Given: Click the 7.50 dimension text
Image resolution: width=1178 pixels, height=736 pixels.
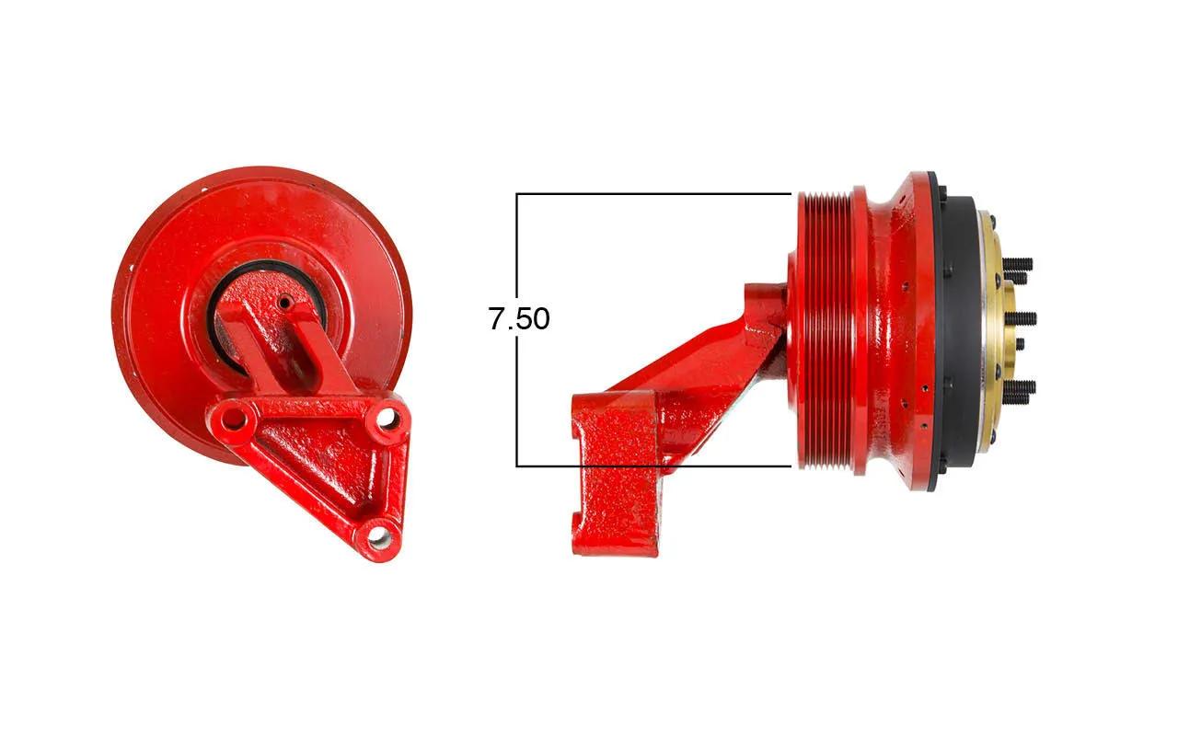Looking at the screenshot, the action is coord(519,318).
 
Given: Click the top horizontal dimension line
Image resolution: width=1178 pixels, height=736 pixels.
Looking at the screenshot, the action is coord(653,194).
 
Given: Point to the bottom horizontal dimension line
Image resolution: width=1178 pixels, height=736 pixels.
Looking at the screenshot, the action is coord(653,466).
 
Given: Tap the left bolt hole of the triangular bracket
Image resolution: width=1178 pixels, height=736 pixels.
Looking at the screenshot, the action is coord(233,419).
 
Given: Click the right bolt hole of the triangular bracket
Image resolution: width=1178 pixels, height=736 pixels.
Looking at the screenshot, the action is coord(388,418).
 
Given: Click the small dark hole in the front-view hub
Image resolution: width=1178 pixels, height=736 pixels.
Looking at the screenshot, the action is coord(284,303).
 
